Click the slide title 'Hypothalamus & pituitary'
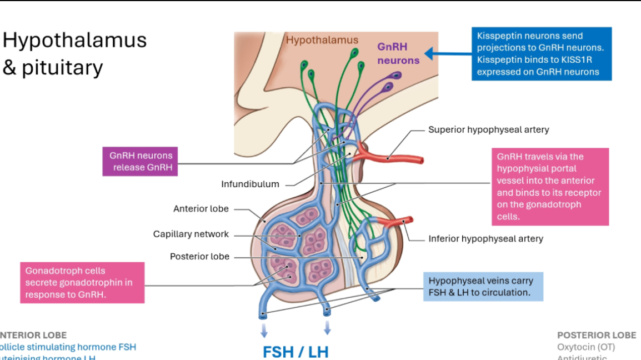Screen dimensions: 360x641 pyautogui.click(x=74, y=53)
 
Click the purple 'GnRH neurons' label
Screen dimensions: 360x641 pyautogui.click(x=398, y=54)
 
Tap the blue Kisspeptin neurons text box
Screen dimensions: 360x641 pyautogui.click(x=541, y=54)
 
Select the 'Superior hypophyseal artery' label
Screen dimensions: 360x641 pyautogui.click(x=488, y=129)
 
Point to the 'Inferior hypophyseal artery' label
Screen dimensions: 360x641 pyautogui.click(x=485, y=239)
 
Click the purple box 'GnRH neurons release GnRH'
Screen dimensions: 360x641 pyautogui.click(x=141, y=161)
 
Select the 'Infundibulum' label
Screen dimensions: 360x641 pyautogui.click(x=250, y=184)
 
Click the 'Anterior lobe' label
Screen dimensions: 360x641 pyautogui.click(x=201, y=209)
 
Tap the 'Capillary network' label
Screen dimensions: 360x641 pyautogui.click(x=191, y=234)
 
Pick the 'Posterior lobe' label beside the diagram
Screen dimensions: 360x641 pyautogui.click(x=199, y=257)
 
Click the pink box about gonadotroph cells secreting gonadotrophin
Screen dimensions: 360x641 pyautogui.click(x=82, y=282)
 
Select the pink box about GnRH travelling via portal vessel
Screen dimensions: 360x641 pyautogui.click(x=549, y=186)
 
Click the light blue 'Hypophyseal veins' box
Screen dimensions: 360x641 pyautogui.click(x=482, y=286)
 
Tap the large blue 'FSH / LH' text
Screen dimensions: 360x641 pyautogui.click(x=296, y=352)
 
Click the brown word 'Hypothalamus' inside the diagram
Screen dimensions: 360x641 pyautogui.click(x=322, y=40)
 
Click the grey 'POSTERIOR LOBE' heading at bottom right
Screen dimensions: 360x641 pyautogui.click(x=597, y=335)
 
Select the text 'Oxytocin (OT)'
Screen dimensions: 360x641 pyautogui.click(x=586, y=347)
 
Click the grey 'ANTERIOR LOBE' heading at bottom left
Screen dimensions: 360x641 pyautogui.click(x=33, y=335)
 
